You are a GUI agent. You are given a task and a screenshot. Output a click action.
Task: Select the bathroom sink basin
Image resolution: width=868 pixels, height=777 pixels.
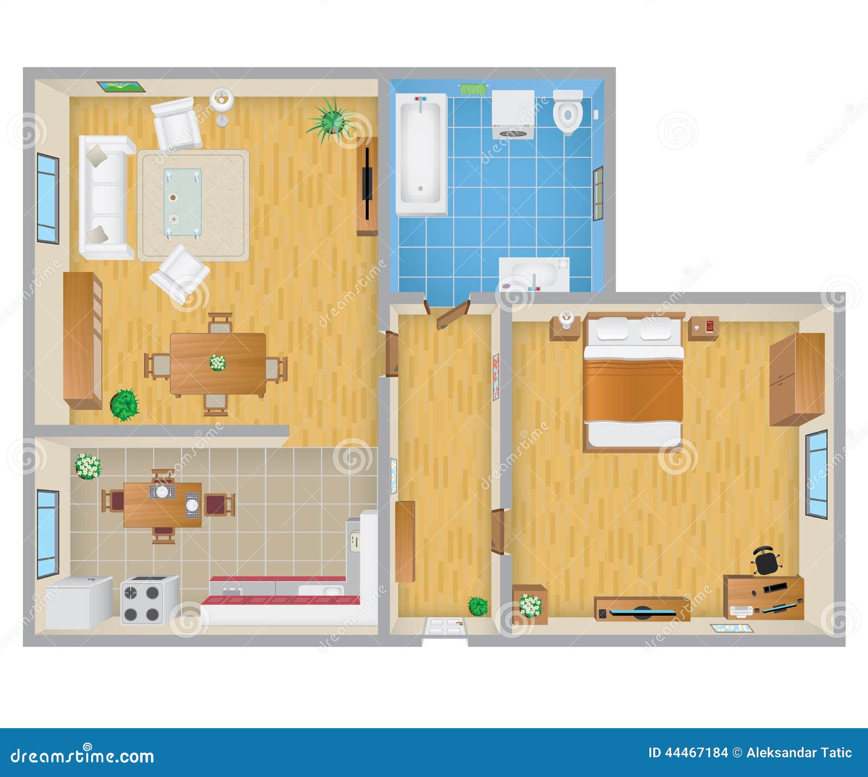click(x=533, y=274)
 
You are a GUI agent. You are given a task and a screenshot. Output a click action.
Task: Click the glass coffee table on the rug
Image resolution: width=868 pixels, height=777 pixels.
click(x=182, y=202)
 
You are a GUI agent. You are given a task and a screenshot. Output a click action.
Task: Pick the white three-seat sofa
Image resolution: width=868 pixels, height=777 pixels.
click(x=106, y=197)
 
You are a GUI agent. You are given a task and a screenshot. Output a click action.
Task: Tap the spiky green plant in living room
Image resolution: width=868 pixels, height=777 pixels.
click(x=330, y=120)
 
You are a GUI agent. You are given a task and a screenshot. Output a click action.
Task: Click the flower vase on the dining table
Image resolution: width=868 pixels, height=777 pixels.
click(x=218, y=362)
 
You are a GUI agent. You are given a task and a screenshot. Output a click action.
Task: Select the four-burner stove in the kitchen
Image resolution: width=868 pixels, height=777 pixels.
click(x=149, y=599)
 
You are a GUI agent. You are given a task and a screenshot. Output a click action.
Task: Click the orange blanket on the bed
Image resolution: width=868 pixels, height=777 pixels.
click(x=633, y=390)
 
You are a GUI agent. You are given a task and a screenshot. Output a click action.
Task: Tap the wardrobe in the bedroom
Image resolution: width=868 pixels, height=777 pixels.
click(x=796, y=379)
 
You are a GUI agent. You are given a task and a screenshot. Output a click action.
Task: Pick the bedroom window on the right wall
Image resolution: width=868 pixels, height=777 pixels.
click(x=816, y=474)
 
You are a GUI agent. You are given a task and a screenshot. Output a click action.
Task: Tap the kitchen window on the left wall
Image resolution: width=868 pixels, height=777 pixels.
click(x=48, y=534)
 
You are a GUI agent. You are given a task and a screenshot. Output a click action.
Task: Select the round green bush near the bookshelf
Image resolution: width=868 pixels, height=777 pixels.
click(x=125, y=404)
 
